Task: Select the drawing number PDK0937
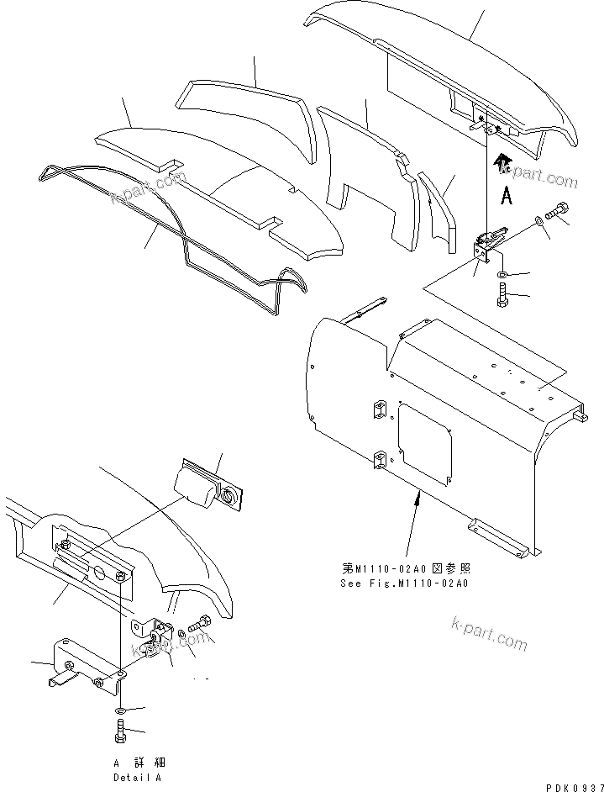570,786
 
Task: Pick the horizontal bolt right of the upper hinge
557,211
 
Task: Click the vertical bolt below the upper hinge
502,296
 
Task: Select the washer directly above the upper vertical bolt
502,275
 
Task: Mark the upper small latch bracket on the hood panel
377,408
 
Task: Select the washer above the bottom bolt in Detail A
119,711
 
